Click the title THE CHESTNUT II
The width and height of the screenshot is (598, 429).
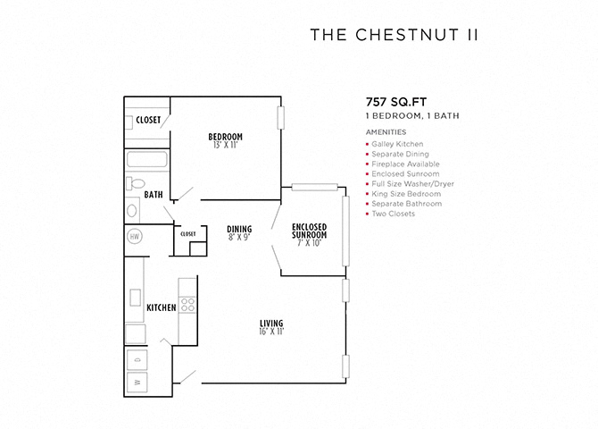(394, 35)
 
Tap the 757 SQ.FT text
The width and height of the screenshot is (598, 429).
(396, 102)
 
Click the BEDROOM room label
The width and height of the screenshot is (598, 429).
(226, 137)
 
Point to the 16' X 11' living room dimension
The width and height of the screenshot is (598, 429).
(271, 332)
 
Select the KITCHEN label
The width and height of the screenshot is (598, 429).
(162, 307)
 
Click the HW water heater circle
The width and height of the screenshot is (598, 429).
(134, 237)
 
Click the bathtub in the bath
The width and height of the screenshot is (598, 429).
(147, 159)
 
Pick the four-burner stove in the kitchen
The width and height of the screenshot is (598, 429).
(187, 305)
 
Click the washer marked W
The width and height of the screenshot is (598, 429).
(137, 382)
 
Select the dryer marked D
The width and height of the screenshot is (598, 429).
(137, 359)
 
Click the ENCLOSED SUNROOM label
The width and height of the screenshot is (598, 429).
(310, 231)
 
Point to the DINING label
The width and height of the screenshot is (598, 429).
(239, 229)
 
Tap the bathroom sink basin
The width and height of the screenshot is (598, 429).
(132, 211)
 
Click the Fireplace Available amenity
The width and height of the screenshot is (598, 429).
(405, 164)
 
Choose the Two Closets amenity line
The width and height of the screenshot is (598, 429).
(394, 214)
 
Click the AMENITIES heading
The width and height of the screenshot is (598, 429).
(386, 132)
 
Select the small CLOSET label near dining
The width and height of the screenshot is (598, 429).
(188, 234)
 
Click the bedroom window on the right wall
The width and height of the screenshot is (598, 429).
(280, 118)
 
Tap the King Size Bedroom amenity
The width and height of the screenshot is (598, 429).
(406, 194)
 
